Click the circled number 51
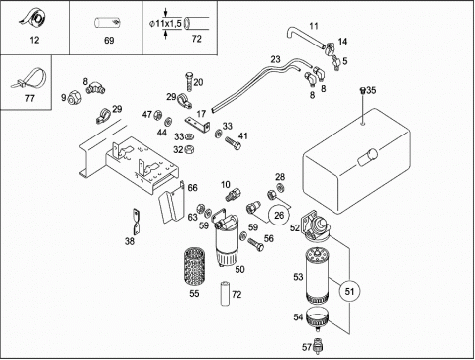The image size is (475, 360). coord(349,291)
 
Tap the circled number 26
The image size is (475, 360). coord(279,216)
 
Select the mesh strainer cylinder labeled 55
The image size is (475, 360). coord(194,267)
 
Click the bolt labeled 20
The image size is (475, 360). coord(189,82)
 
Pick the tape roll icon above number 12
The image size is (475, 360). coord(33,19)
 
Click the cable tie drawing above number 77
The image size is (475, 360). coord(28,79)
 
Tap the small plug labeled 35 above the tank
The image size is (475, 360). coord(362,90)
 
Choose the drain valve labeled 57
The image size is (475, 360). coord(318,345)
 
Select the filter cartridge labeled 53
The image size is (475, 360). coord(317,276)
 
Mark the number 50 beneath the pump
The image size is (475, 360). coord(239,269)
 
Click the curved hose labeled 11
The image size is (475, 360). coord(306,38)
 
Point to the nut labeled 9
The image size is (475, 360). coord(73,97)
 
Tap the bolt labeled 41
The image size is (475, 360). coord(233,143)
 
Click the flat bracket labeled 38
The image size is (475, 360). coord(137,223)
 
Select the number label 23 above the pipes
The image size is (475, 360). coord(275,59)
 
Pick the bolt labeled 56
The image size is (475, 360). coord(255,244)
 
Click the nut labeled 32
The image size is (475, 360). coord(189,149)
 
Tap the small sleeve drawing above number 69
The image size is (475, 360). coord(108,23)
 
